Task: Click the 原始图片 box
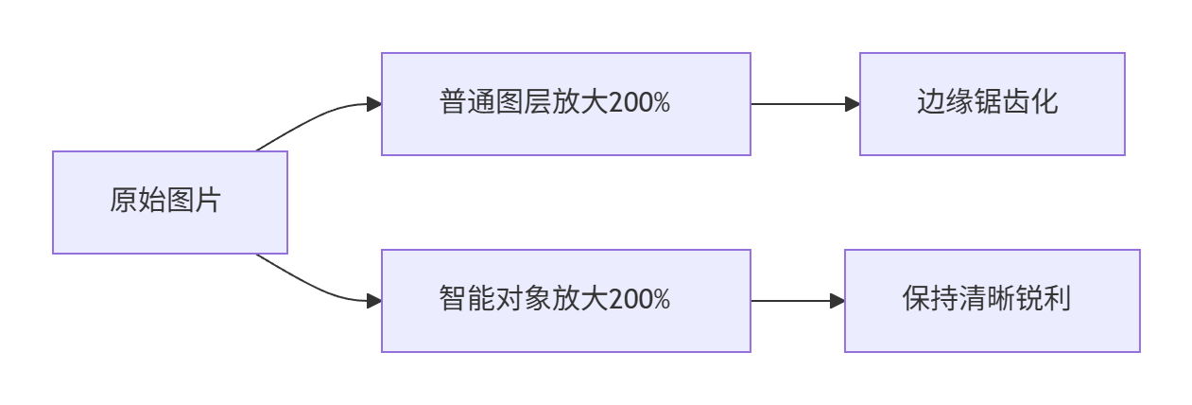pyautogui.click(x=170, y=202)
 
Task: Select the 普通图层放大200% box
pyautogui.click(x=565, y=104)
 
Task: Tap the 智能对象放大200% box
pyautogui.click(x=565, y=301)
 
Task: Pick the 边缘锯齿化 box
pyautogui.click(x=992, y=104)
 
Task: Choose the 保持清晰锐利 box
pyautogui.click(x=992, y=301)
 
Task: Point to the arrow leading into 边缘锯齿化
pyautogui.click(x=805, y=104)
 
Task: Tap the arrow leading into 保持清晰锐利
pyautogui.click(x=798, y=301)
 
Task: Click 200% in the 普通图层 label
pyautogui.click(x=639, y=102)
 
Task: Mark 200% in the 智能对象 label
pyautogui.click(x=639, y=298)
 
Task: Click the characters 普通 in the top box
pyautogui.click(x=467, y=102)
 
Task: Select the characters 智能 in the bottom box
pyautogui.click(x=467, y=298)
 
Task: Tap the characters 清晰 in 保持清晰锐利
pyautogui.click(x=987, y=298)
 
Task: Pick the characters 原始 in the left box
pyautogui.click(x=137, y=201)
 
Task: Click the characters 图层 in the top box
pyautogui.click(x=524, y=102)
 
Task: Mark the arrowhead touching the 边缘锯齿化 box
pyautogui.click(x=853, y=104)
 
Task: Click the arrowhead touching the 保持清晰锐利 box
pyautogui.click(x=838, y=301)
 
